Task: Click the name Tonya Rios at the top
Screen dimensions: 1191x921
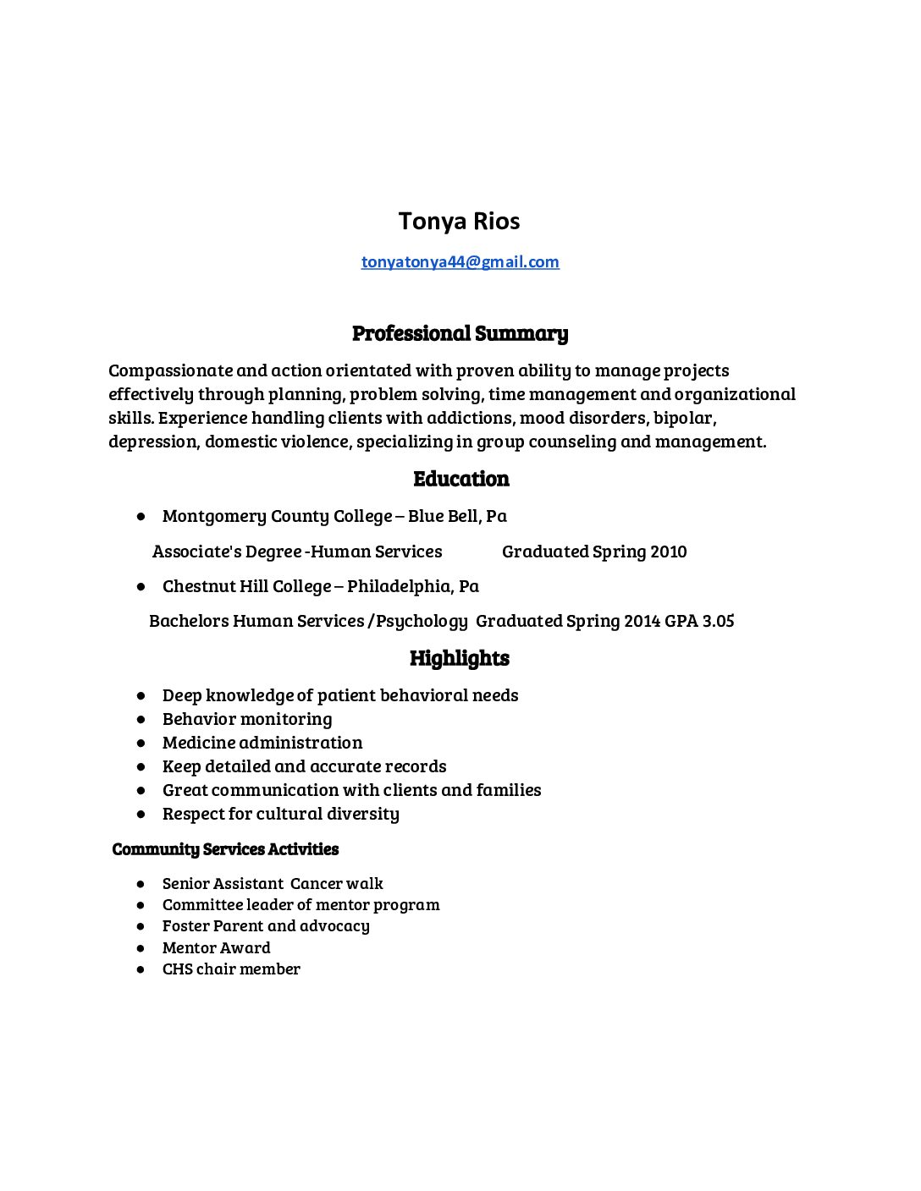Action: pos(459,222)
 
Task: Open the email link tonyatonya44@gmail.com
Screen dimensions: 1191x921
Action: pos(460,262)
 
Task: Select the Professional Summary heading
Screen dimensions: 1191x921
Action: pos(460,333)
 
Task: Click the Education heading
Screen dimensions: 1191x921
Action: pos(460,479)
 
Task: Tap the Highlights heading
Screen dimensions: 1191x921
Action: pos(460,658)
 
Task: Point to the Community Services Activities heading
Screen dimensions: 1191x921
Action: pos(225,849)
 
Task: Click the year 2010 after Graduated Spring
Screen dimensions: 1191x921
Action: pos(669,552)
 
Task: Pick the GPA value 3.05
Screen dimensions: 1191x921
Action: pos(718,621)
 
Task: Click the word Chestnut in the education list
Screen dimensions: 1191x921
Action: pos(194,586)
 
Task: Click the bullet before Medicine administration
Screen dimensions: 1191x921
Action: pos(141,743)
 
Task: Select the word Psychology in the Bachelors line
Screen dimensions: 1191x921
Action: pos(422,621)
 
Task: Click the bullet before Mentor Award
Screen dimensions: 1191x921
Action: pos(141,948)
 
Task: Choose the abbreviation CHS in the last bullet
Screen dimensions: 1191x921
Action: pos(178,969)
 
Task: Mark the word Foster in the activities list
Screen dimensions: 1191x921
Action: pos(188,926)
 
